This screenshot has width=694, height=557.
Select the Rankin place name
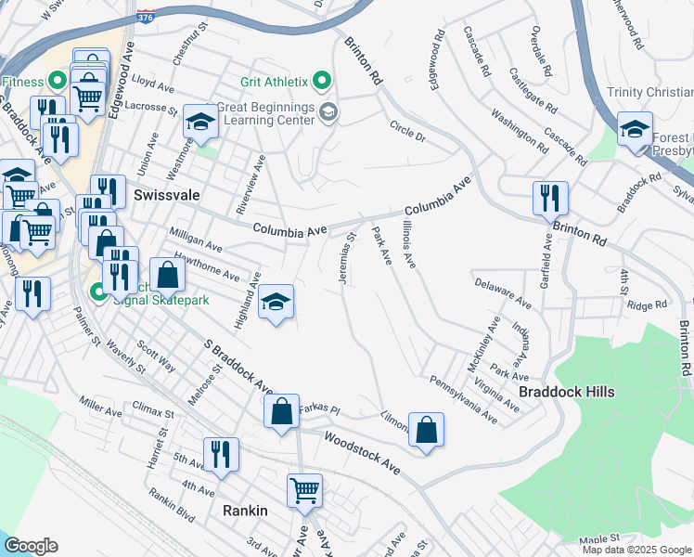pos(245,511)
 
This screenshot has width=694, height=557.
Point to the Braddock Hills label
pos(566,392)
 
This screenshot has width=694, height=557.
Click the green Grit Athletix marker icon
pos(322,82)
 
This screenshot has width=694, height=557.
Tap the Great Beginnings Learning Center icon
pos(328,112)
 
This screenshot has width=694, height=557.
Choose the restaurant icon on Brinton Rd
pos(550,197)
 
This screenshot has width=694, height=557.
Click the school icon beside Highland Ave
pos(276,301)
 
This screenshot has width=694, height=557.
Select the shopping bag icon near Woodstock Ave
pos(426,429)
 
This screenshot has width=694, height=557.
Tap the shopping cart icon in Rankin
pos(304,490)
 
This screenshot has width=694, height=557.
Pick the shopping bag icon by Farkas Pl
pos(281,412)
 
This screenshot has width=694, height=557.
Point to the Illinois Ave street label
pos(409,244)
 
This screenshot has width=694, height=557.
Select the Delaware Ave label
pos(502,292)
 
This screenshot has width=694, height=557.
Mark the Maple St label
pos(598,538)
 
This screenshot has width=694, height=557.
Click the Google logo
pos(31,546)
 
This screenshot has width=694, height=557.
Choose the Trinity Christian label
pos(649,92)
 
